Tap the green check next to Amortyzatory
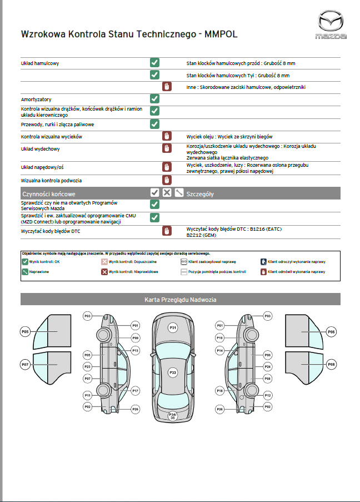pos(155,98)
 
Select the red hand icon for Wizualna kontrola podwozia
pos(166,180)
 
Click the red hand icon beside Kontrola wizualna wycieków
pos(166,136)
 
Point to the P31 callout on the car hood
pos(173,328)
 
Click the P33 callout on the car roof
pos(173,372)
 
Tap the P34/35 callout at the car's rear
pos(173,415)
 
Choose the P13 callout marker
pos(136,351)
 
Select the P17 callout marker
pos(136,391)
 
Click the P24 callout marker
pos(268,367)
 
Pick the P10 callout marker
pos(220,338)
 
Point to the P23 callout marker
pos(88,367)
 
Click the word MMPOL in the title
pos(221,34)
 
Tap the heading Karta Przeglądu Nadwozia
pos(180,300)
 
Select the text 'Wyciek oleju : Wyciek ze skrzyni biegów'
pos(229,137)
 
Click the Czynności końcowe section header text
pos(48,194)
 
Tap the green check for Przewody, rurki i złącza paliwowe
pos(155,124)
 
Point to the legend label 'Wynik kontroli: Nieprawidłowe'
pos(134,272)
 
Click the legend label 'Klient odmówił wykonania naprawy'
pos(296,272)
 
